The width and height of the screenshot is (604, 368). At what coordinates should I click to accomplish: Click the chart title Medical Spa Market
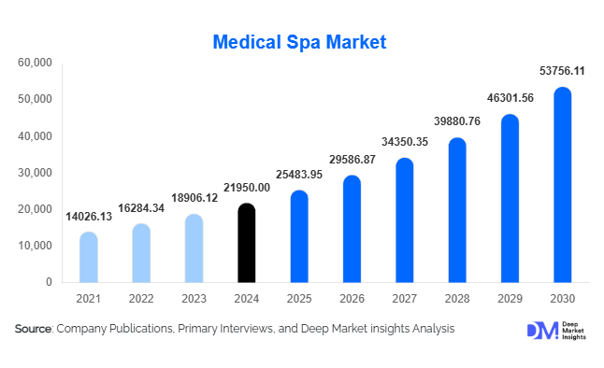click(299, 42)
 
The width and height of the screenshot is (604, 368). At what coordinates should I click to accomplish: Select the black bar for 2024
click(246, 243)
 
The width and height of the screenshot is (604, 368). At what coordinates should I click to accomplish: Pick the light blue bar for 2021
click(88, 257)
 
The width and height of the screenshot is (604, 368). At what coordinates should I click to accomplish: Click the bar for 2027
click(404, 220)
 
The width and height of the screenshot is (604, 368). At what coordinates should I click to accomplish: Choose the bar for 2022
click(141, 253)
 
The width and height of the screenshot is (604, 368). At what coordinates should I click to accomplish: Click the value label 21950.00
click(246, 188)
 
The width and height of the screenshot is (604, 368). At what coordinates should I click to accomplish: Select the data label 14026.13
click(89, 217)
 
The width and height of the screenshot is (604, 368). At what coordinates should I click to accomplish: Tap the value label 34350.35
click(404, 141)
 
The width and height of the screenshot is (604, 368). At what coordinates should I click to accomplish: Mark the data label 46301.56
click(510, 97)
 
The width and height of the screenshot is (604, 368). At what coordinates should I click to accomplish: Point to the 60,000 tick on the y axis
click(35, 63)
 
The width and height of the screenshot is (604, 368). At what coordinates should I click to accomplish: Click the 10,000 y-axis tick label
click(35, 246)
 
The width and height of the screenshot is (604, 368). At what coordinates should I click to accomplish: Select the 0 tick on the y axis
click(48, 282)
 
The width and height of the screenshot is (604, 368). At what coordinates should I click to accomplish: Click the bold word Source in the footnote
click(34, 329)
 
